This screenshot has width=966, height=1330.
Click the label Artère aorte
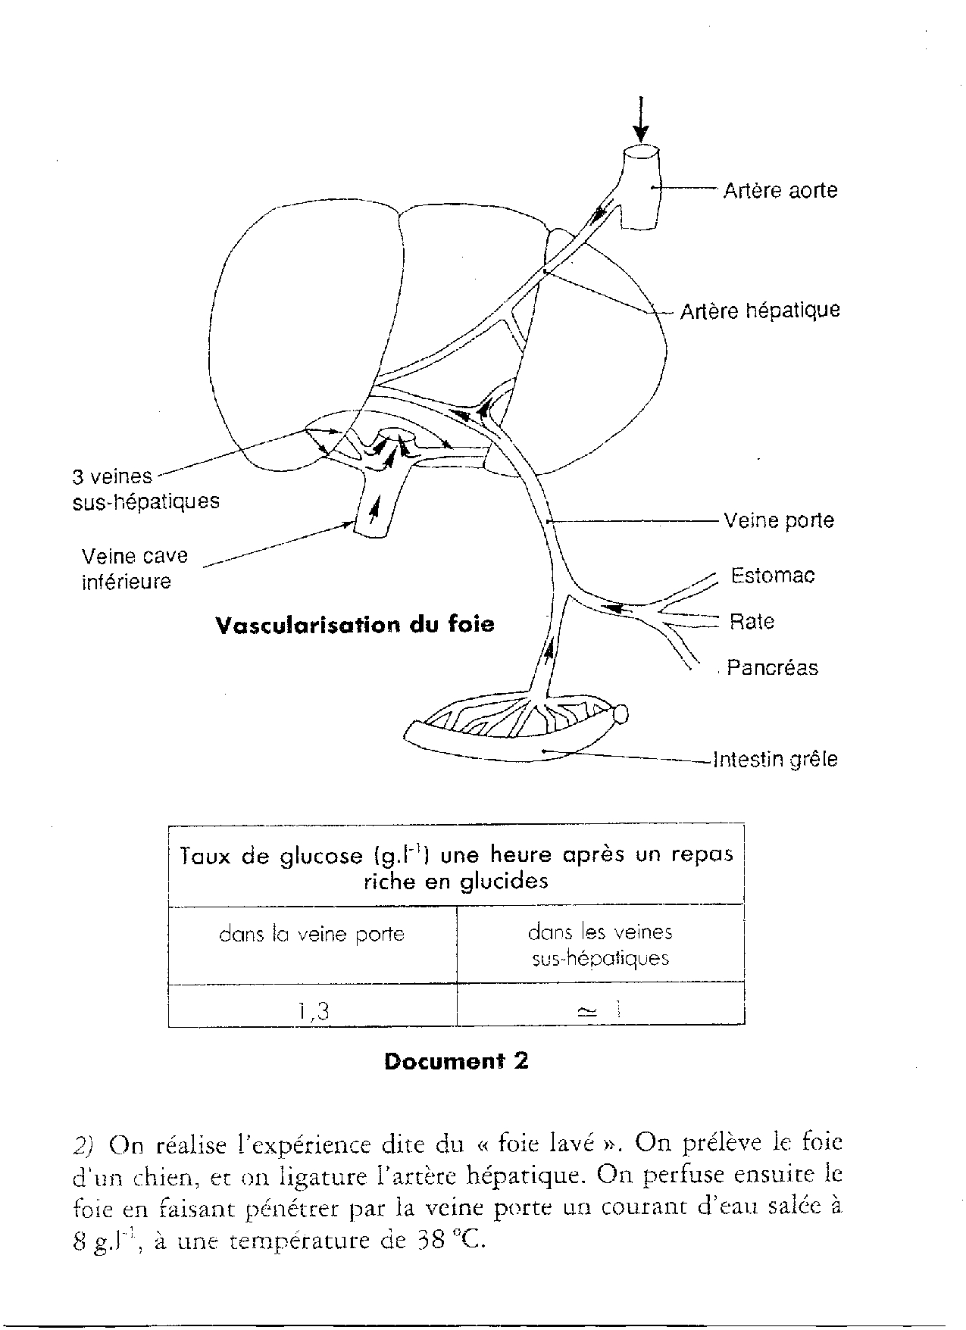tap(780, 189)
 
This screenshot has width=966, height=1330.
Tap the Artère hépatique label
tap(760, 311)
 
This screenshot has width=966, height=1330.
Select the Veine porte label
tap(778, 520)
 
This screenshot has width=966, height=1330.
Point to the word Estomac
tap(772, 576)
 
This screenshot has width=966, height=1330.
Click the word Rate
tap(752, 622)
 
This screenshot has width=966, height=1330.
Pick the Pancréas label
tap(772, 668)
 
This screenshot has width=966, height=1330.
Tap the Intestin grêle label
tap(776, 759)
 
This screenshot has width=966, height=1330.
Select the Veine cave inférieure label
tap(134, 569)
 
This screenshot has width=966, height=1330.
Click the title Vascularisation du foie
tap(355, 625)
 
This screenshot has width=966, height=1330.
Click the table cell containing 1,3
tap(312, 1010)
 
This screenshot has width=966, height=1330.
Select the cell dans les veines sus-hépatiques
tap(600, 944)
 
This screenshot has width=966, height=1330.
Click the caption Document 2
tap(455, 1062)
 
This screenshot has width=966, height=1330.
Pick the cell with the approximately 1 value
tap(600, 1010)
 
